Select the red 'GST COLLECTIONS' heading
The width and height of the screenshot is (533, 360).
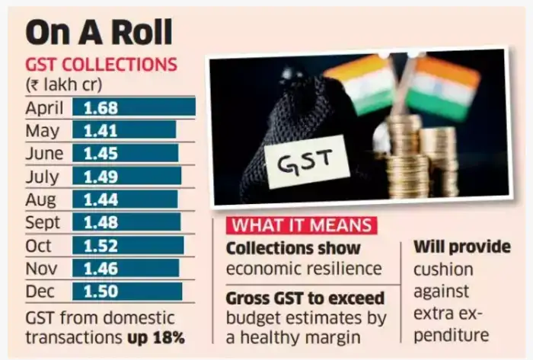tap(101, 65)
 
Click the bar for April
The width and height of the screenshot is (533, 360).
tap(134, 107)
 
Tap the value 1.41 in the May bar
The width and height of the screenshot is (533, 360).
tap(101, 130)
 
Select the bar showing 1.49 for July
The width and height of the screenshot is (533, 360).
tap(126, 176)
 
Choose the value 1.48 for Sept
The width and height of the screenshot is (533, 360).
tap(101, 222)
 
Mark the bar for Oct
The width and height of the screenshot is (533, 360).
tap(128, 245)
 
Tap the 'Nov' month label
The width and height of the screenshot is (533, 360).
tap(43, 268)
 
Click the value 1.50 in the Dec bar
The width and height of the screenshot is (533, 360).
tap(101, 292)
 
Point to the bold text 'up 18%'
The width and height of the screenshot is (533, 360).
tap(148, 336)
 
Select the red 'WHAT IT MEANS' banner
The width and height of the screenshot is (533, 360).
tap(301, 226)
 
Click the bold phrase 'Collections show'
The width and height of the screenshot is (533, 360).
tap(293, 249)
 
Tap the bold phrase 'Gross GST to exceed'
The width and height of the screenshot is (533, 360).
tap(305, 298)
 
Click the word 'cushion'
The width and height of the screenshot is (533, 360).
tap(443, 269)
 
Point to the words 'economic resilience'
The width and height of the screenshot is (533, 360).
tap(303, 269)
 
